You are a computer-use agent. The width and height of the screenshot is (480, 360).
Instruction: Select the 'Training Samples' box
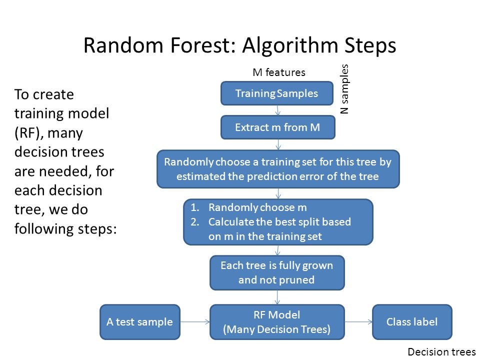click(x=277, y=93)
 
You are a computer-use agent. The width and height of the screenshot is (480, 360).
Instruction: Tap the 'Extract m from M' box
click(x=277, y=127)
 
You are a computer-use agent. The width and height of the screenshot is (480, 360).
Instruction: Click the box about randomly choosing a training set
click(x=278, y=169)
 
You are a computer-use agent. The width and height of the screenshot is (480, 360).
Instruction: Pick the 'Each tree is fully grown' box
click(x=276, y=272)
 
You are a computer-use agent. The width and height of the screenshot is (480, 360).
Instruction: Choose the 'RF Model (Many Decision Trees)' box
click(x=276, y=322)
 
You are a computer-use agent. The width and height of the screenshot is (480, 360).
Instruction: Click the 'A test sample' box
click(x=140, y=322)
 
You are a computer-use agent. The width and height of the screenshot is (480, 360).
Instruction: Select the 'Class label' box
click(x=412, y=322)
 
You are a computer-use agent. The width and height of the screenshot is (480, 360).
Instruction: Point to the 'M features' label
click(x=278, y=72)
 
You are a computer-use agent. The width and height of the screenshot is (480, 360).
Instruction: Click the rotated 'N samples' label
click(x=344, y=88)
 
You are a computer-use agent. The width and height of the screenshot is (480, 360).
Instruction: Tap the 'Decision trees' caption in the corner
click(x=442, y=352)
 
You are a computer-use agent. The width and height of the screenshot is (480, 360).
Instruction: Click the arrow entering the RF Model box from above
click(x=277, y=297)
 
